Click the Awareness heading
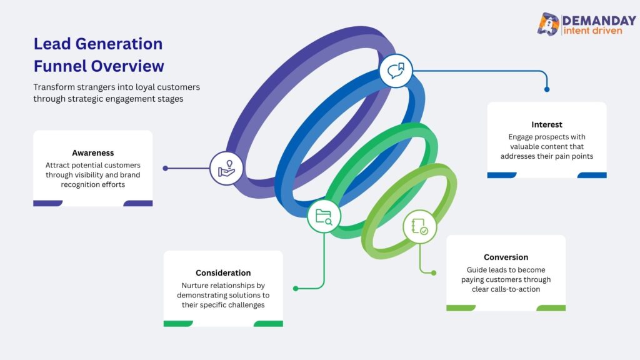pyautogui.click(x=92, y=153)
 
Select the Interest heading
pyautogui.click(x=546, y=124)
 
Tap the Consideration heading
pyautogui.click(x=223, y=272)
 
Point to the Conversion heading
pyautogui.click(x=506, y=257)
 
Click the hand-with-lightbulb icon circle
pyautogui.click(x=226, y=168)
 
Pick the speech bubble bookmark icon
pyautogui.click(x=396, y=71)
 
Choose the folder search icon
pyautogui.click(x=324, y=216)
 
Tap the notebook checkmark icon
pyautogui.click(x=419, y=227)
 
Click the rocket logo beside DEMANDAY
pyautogui.click(x=548, y=24)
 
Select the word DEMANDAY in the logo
pyautogui.click(x=599, y=21)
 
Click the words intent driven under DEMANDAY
pyautogui.click(x=592, y=31)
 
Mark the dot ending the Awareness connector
pyautogui.click(x=165, y=168)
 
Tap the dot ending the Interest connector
pyautogui.click(x=547, y=89)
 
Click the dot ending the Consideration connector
pyautogui.click(x=296, y=289)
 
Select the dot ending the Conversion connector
pyautogui.click(x=434, y=272)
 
